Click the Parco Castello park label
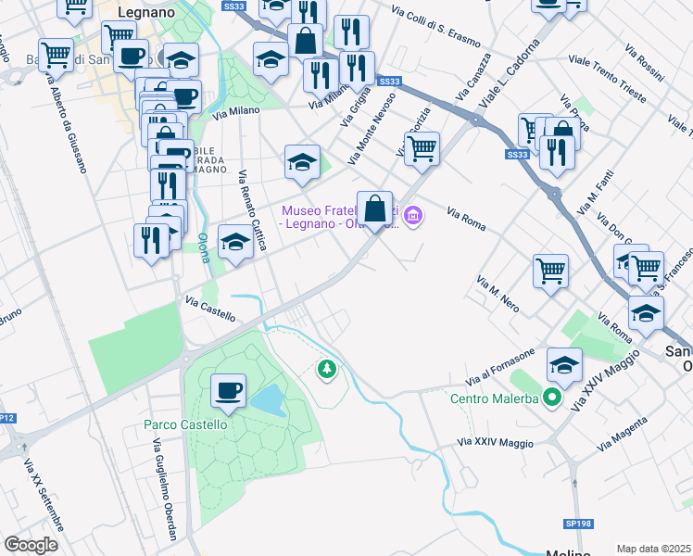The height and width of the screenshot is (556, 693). pyautogui.click(x=185, y=424)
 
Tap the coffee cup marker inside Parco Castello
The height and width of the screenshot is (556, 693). pyautogui.click(x=228, y=391)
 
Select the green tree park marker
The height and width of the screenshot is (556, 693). pyautogui.click(x=326, y=370)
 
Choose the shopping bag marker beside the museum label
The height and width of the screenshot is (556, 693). pyautogui.click(x=374, y=208)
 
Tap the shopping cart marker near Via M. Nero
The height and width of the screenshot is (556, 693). pyautogui.click(x=550, y=271)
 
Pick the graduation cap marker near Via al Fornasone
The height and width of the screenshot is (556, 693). pyautogui.click(x=564, y=365)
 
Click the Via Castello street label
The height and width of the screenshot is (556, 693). pyautogui.click(x=210, y=310)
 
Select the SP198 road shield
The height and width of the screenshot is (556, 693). pyautogui.click(x=576, y=524)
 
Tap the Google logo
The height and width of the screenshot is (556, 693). pyautogui.click(x=31, y=545)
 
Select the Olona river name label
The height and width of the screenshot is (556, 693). pyautogui.click(x=202, y=248)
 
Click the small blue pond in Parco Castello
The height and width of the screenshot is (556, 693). pyautogui.click(x=267, y=399)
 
